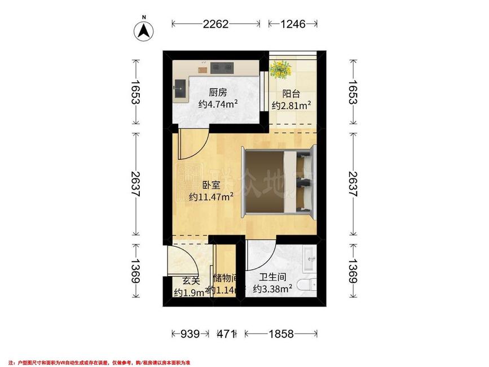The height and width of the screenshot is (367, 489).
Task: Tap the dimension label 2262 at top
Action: click(216, 24)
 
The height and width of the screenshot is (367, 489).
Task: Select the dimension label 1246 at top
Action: click(292, 24)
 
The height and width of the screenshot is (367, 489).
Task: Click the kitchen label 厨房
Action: click(218, 93)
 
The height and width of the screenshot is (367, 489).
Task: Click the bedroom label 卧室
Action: click(210, 185)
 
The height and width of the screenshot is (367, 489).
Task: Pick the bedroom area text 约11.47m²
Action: click(212, 197)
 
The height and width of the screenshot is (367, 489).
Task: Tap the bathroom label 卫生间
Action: click(271, 278)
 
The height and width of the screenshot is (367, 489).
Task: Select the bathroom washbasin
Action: click(309, 259)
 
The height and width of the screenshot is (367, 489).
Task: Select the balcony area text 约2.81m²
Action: click(292, 106)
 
